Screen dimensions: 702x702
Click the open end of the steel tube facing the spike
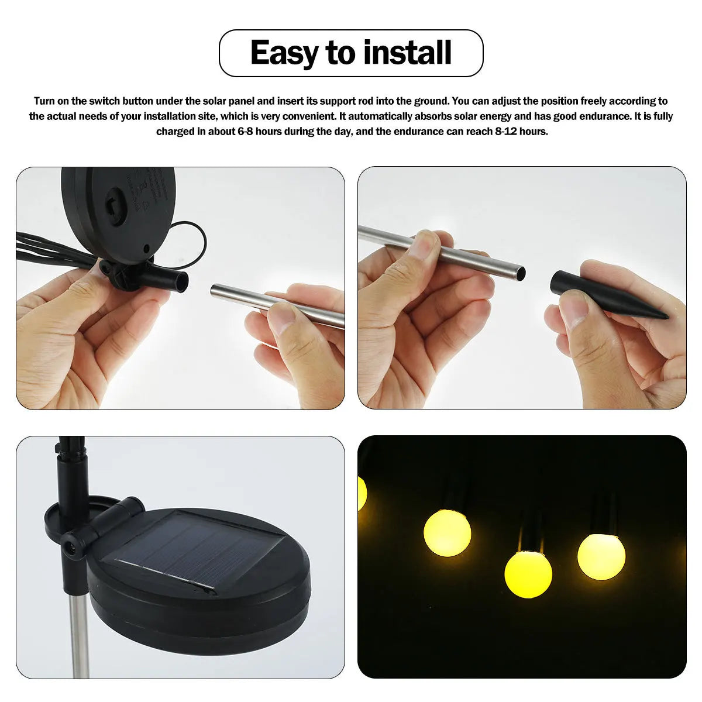(520, 272)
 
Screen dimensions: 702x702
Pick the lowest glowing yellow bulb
(528, 575)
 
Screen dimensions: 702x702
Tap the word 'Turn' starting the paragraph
(44, 101)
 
